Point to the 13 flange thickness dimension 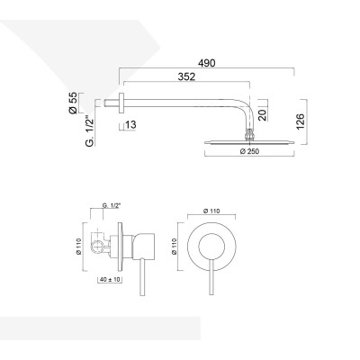coord(132,124)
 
